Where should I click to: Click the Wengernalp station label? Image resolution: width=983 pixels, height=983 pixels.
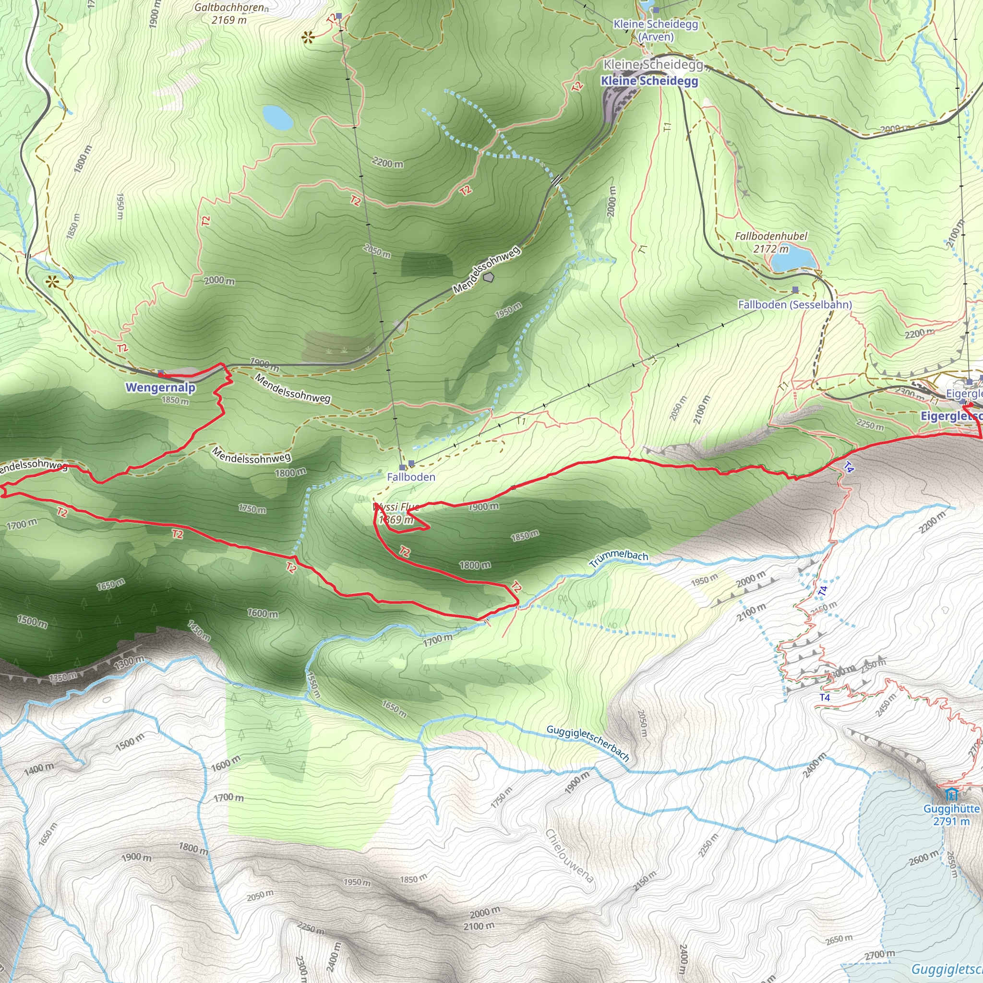pos(160,387)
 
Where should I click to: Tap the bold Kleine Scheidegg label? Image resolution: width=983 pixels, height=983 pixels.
pos(649,81)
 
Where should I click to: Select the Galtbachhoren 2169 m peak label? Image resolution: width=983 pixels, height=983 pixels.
pos(229,14)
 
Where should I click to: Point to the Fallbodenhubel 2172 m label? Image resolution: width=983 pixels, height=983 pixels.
pos(771,242)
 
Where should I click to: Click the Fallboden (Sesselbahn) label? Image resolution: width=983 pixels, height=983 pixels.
pos(795,305)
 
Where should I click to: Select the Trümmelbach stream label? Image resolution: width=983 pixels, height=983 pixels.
pos(619,558)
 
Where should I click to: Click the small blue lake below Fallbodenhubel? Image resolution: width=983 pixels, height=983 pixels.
pos(793,260)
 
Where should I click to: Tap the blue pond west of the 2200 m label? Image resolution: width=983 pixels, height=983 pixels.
pos(278,117)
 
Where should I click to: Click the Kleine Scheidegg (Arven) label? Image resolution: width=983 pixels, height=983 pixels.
pos(656,30)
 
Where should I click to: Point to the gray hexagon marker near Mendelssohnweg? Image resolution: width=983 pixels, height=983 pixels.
pos(489,277)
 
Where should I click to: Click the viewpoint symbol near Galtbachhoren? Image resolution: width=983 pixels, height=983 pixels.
pos(308,37)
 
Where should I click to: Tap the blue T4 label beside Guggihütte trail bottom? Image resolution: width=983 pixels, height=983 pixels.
pos(825,697)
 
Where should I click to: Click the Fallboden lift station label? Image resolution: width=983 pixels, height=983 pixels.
pos(411,477)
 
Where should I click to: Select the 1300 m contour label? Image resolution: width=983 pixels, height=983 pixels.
pos(129,662)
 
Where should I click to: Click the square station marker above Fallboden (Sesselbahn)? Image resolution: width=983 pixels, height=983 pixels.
pos(795,290)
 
